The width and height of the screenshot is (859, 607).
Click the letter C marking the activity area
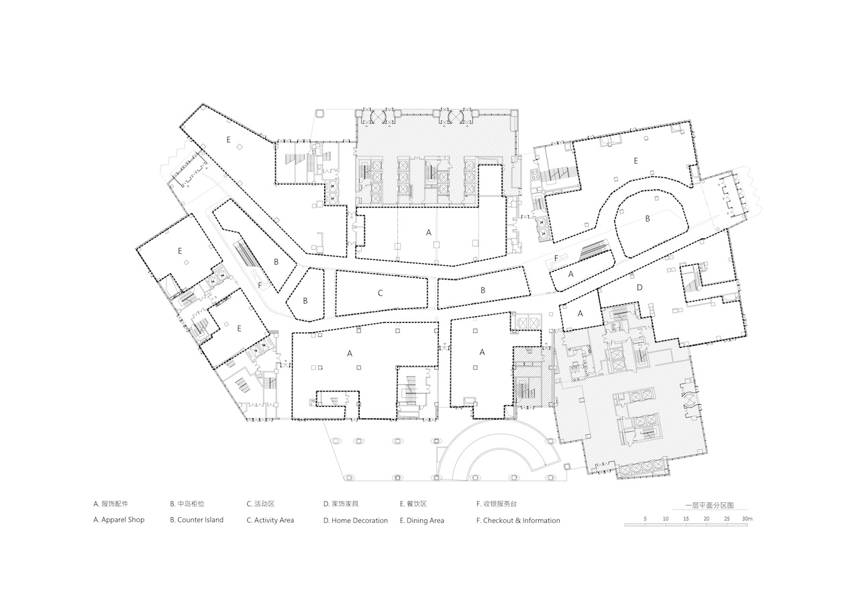(380, 293)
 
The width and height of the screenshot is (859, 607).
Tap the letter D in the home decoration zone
(640, 287)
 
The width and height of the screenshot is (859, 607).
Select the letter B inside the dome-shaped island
(648, 219)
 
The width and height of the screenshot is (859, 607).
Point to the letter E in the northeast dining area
(636, 160)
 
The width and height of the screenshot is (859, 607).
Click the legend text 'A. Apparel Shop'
(119, 520)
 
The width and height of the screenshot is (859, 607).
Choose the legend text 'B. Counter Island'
(197, 520)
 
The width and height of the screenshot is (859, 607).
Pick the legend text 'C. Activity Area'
(270, 520)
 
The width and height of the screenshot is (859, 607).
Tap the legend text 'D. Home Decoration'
(356, 520)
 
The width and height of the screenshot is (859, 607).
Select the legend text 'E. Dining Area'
(422, 520)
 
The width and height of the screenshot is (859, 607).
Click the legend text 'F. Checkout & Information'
(518, 520)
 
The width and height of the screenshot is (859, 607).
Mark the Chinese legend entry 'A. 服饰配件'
(111, 504)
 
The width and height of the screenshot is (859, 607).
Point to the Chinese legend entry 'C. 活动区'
(261, 504)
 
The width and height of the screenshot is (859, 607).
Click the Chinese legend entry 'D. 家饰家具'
(341, 504)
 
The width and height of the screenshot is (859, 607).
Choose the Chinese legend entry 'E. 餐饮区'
(413, 504)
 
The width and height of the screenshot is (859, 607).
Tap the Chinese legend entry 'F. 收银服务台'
(497, 504)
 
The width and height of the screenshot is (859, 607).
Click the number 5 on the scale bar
(646, 519)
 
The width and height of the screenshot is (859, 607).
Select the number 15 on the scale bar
(686, 519)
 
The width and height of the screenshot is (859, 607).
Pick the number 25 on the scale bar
(727, 519)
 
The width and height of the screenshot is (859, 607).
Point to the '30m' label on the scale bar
(748, 519)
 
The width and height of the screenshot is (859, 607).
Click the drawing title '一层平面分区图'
(710, 506)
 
